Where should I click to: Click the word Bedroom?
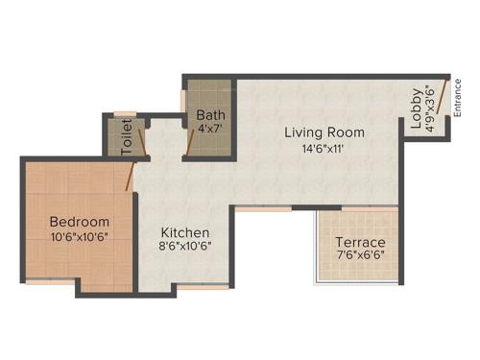(x=80, y=221)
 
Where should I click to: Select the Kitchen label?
(x=185, y=232)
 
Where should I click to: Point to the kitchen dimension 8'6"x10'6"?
(x=185, y=246)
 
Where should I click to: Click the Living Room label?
(x=324, y=132)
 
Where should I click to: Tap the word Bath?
(x=211, y=114)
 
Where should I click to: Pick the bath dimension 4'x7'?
(x=211, y=128)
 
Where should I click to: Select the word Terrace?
(x=360, y=242)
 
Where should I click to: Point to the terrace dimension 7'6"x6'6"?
(x=360, y=256)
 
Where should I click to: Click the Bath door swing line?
(x=191, y=142)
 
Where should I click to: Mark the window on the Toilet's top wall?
(x=122, y=114)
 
